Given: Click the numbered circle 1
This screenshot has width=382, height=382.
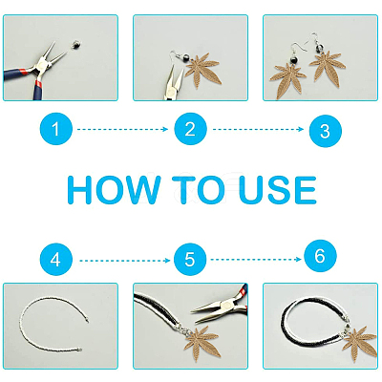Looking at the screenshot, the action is [56, 129].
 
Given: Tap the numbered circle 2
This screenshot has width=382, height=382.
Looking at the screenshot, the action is [190, 129].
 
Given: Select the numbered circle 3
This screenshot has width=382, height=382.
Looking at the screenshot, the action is [326, 131].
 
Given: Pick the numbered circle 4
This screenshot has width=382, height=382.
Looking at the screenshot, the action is [56, 260].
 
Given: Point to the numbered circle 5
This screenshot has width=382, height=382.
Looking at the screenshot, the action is [190, 260].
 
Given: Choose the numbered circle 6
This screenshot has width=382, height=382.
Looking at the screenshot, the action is [320, 256].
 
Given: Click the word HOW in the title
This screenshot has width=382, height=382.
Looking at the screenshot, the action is [114, 190].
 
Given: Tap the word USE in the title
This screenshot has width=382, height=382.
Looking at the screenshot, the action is [278, 190].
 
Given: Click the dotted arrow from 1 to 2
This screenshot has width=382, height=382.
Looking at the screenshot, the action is [122, 129].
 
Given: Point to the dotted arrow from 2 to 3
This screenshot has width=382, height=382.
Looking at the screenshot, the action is [258, 129].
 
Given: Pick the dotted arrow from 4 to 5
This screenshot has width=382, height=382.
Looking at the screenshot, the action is [125, 261].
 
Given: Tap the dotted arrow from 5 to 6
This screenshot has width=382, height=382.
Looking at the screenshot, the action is [256, 260].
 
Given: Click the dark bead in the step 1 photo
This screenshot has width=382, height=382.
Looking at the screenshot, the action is [75, 44].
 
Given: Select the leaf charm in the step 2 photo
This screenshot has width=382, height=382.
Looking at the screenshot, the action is [202, 72].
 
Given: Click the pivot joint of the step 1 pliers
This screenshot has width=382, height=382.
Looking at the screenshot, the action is [41, 65].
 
